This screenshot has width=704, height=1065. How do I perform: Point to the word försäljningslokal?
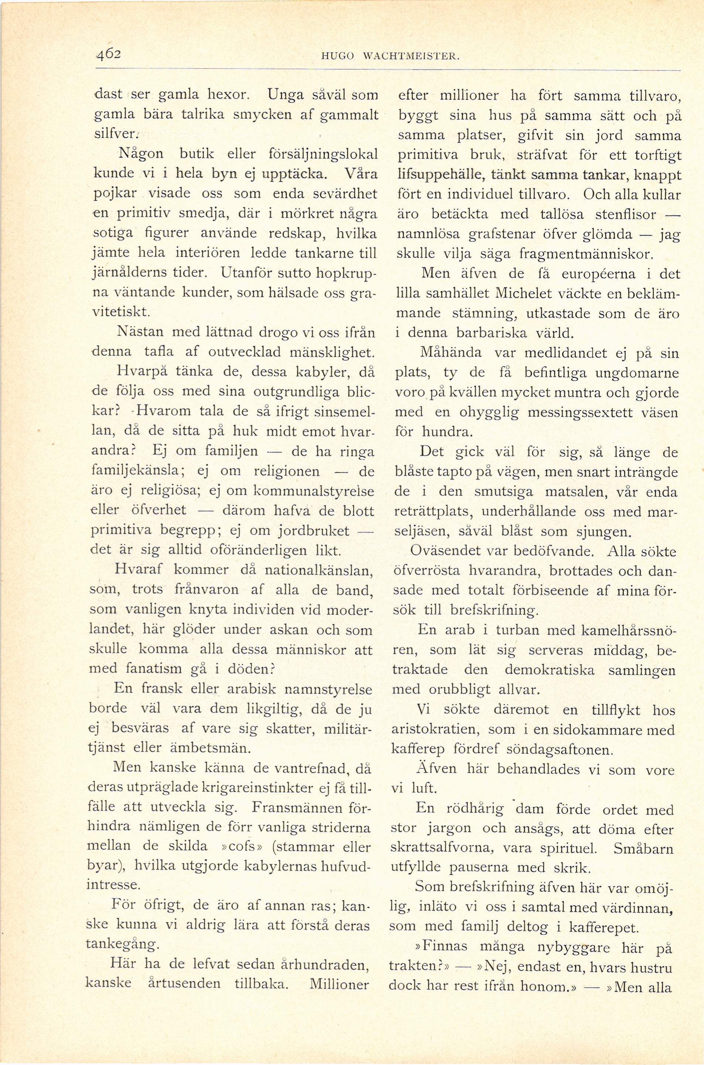coord(322,154)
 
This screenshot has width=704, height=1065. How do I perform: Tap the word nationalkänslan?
coord(319,570)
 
